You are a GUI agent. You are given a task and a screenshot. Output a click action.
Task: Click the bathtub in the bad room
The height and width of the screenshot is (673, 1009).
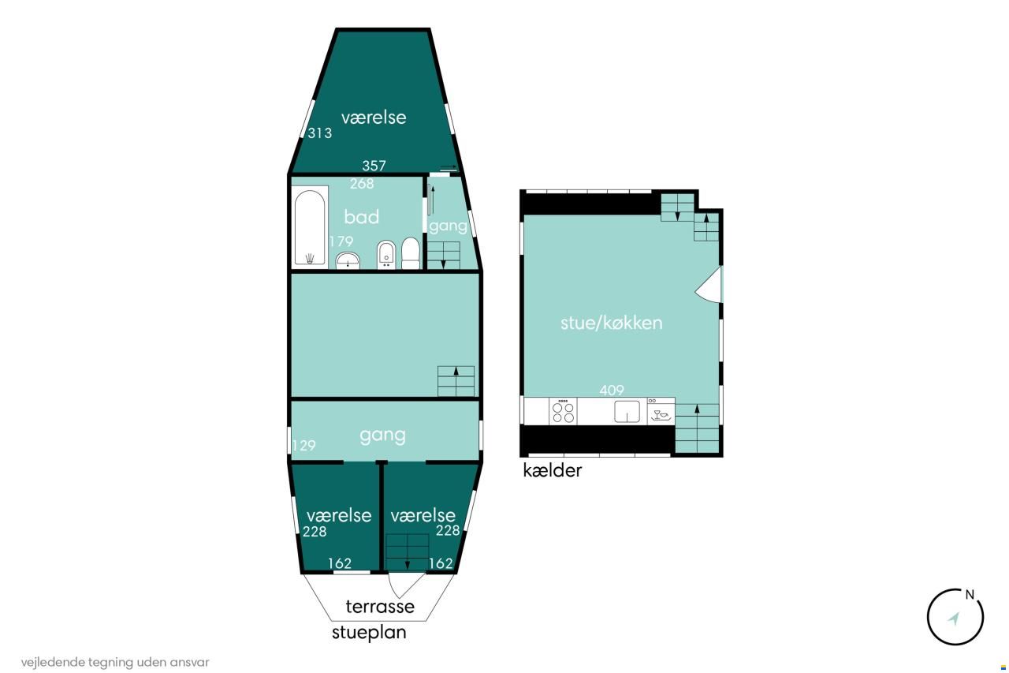(310, 227)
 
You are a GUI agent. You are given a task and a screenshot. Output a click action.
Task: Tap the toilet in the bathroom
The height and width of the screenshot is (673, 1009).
(411, 253)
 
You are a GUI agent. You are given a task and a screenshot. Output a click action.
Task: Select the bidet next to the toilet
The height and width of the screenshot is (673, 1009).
(386, 255)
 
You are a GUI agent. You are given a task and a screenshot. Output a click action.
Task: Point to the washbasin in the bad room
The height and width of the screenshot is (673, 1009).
(348, 260)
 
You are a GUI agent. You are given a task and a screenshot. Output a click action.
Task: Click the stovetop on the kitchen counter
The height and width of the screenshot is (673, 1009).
(563, 411)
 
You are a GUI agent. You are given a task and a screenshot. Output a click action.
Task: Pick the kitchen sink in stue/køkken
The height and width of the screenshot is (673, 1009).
(627, 412)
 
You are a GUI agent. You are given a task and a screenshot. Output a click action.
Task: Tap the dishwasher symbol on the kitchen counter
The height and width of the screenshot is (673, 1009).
(661, 411)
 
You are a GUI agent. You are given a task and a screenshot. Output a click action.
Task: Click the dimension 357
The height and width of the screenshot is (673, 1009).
(374, 166)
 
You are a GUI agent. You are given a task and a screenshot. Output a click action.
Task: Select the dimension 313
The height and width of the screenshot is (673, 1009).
(320, 133)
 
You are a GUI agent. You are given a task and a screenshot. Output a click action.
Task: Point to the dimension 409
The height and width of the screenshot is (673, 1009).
(612, 390)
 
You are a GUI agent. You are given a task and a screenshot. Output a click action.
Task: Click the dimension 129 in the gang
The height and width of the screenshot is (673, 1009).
(304, 445)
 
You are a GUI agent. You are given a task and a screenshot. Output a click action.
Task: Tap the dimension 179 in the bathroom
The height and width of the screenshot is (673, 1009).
(341, 241)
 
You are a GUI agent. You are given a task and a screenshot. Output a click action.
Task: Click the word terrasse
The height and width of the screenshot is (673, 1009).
(380, 607)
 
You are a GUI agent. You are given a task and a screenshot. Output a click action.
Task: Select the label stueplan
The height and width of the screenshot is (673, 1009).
(370, 633)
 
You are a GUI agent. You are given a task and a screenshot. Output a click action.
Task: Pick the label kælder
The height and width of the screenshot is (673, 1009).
(553, 470)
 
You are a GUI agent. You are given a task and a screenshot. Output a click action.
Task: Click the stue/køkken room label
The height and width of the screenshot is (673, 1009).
(612, 323)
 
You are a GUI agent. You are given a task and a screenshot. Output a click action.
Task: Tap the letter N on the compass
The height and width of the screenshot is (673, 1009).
(970, 595)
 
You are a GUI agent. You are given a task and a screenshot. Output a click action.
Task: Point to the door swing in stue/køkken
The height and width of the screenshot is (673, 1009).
(709, 285)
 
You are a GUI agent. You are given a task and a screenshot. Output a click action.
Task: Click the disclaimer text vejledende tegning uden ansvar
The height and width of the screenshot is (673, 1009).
(115, 662)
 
